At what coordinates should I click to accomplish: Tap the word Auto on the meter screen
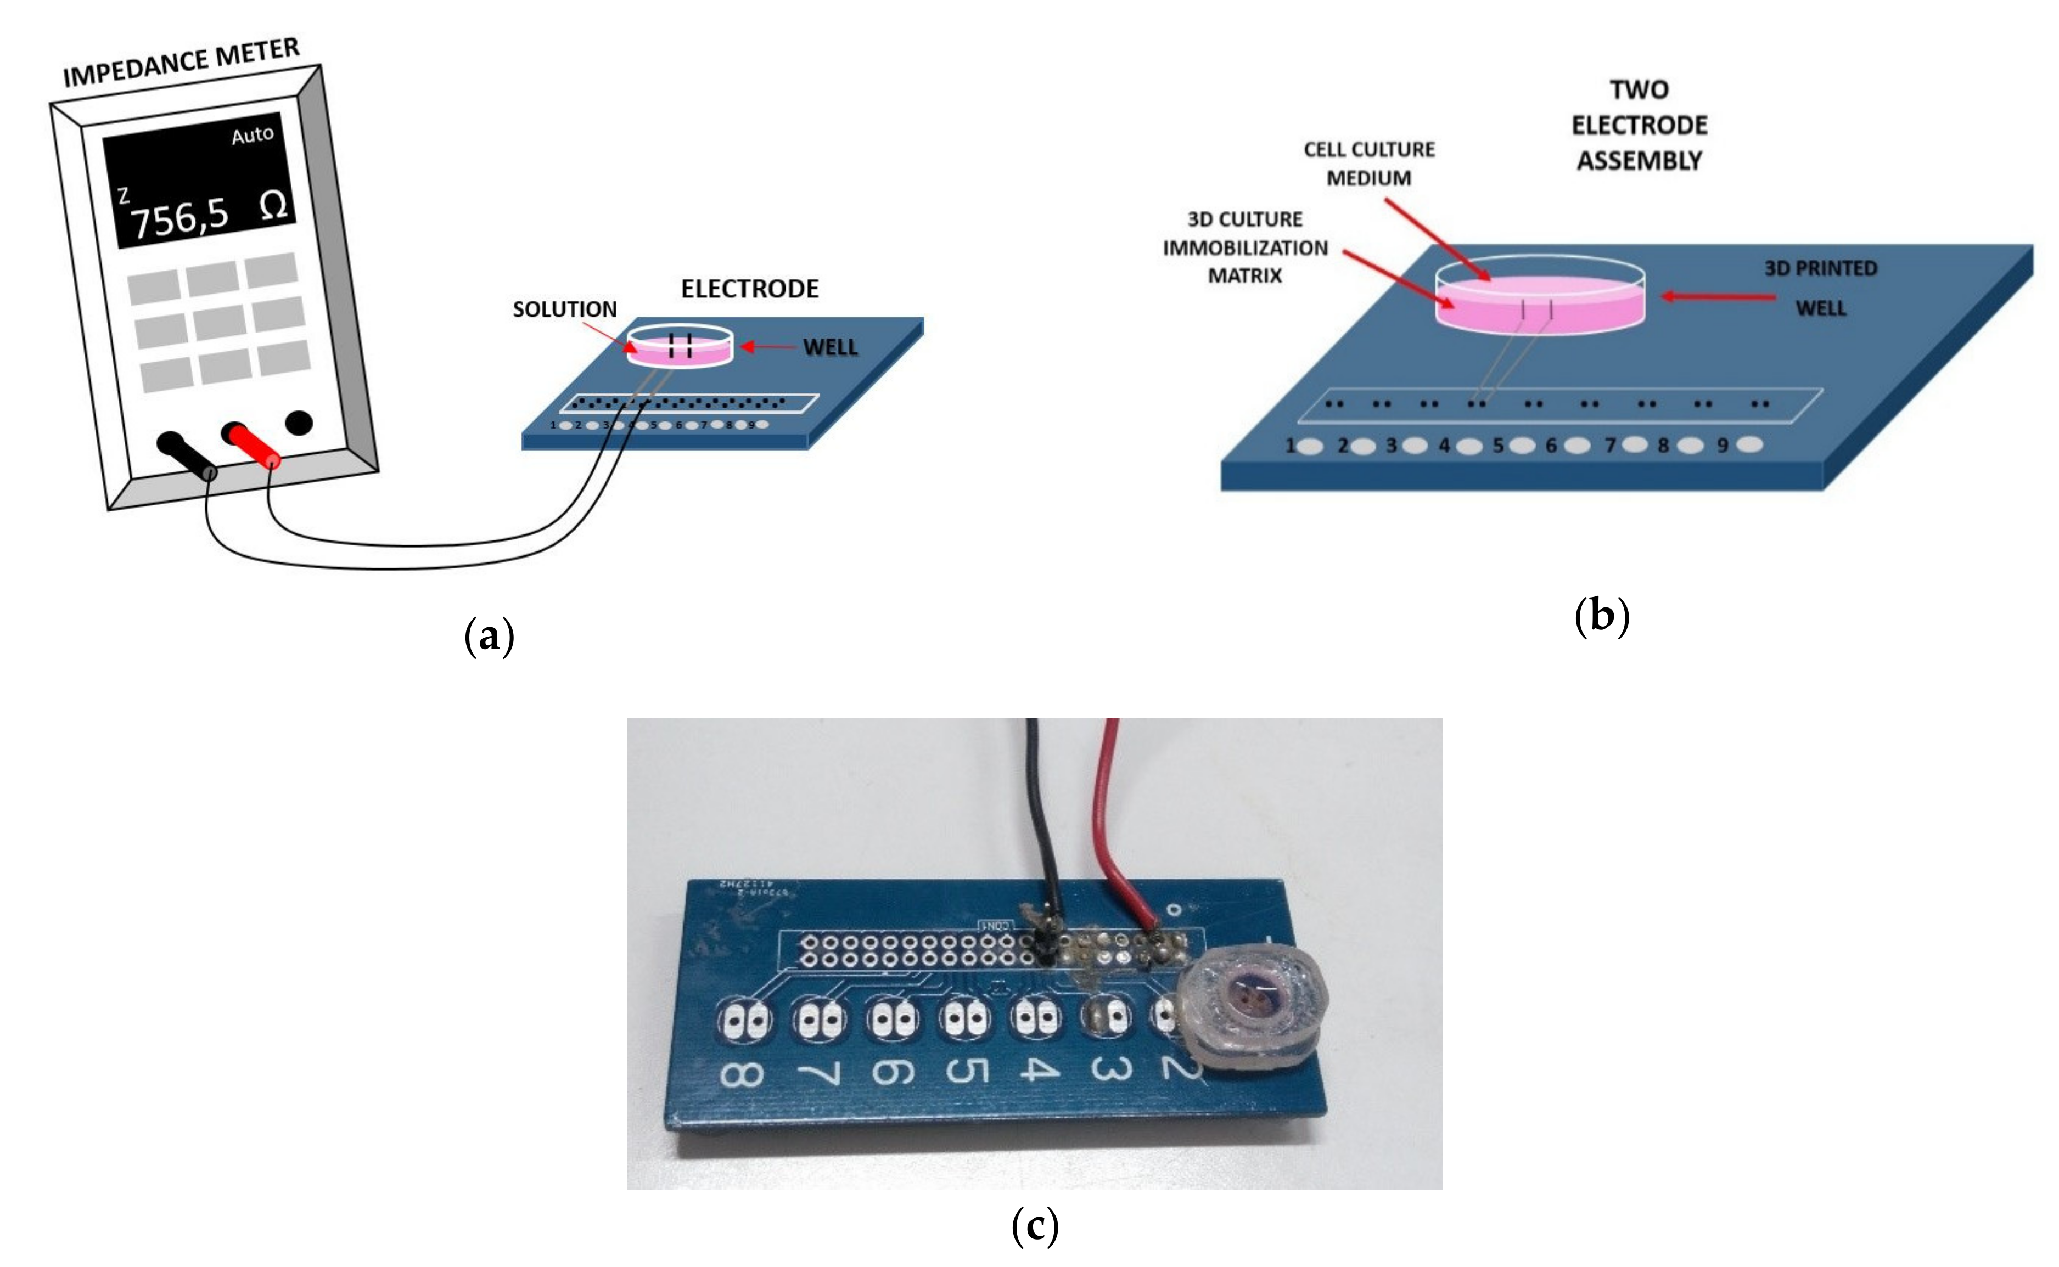point(253,135)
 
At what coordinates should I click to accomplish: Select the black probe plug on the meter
point(186,454)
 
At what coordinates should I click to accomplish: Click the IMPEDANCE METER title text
point(181,63)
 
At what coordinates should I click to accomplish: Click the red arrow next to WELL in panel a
point(767,346)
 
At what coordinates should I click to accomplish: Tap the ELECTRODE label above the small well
point(749,289)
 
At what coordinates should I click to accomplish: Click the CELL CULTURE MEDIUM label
point(1368,164)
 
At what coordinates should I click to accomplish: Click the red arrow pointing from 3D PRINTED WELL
point(1718,296)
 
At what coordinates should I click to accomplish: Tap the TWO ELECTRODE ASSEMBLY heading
point(1639,125)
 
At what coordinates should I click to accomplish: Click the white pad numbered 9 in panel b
point(1748,444)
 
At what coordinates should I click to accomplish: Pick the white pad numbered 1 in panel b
point(1310,446)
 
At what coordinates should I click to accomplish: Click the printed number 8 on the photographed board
point(741,1074)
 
